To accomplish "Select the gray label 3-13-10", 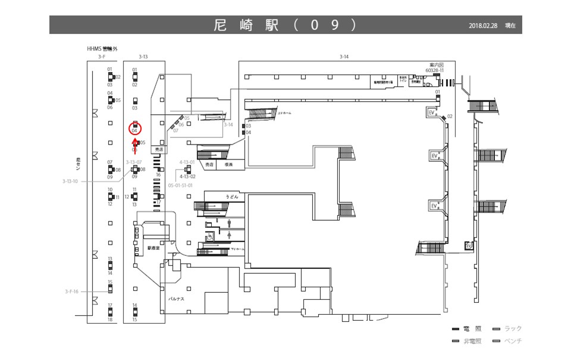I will (70, 181).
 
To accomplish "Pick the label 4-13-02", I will (187, 177).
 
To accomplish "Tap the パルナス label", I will (175, 300).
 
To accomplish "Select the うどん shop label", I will (231, 196).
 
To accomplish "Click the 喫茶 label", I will (229, 164).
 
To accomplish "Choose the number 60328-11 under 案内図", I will (434, 70).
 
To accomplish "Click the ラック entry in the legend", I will (513, 329).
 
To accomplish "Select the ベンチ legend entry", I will (513, 341).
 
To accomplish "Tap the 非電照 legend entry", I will (472, 341).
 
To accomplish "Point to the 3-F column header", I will (102, 57).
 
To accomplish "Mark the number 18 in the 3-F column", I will (110, 320).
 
